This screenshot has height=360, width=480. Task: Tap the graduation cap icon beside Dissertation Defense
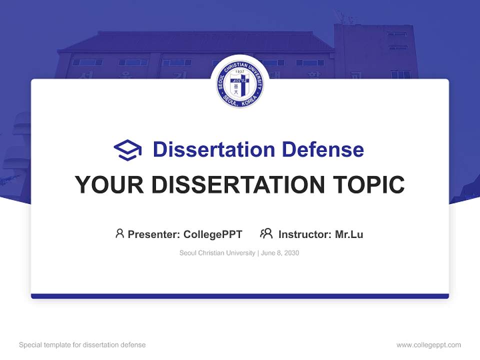(x=127, y=150)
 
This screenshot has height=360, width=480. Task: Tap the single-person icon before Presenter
(x=119, y=233)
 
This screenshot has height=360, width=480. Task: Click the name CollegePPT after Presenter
(x=213, y=234)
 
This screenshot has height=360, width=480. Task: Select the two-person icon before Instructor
(x=266, y=233)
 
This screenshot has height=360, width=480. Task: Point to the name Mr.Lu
(x=349, y=234)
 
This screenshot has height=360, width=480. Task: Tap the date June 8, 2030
(x=280, y=253)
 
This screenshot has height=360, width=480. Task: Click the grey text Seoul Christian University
(x=217, y=253)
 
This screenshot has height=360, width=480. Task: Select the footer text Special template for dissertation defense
(x=82, y=345)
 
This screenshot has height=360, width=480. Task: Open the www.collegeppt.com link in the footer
(x=428, y=345)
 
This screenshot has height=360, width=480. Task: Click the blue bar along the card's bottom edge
(x=240, y=296)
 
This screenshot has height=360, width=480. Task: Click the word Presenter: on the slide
(x=154, y=234)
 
